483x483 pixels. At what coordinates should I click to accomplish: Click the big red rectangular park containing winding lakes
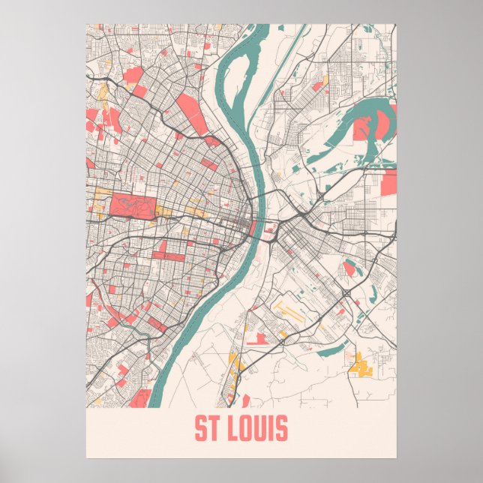point(133,205)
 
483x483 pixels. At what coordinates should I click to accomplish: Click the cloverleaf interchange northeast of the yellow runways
point(346,292)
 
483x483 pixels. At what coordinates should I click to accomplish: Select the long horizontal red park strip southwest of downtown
point(169,256)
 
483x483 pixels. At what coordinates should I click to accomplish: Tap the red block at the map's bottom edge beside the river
point(139,398)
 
